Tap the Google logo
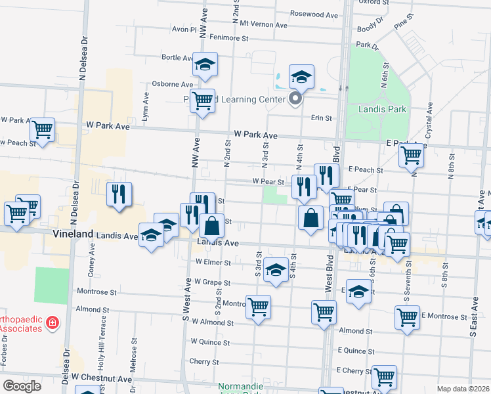pos(22,386)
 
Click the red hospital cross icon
pos(53,323)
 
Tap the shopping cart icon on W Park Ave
pos(42,129)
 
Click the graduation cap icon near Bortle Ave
pos(205,64)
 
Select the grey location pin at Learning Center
pos(295,99)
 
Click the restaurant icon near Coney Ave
pos(119,194)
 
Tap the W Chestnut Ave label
pos(102,378)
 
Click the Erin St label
pos(321,118)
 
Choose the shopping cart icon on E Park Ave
pos(411,155)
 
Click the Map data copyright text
pos(463,389)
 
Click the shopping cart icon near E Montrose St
pos(407,317)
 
